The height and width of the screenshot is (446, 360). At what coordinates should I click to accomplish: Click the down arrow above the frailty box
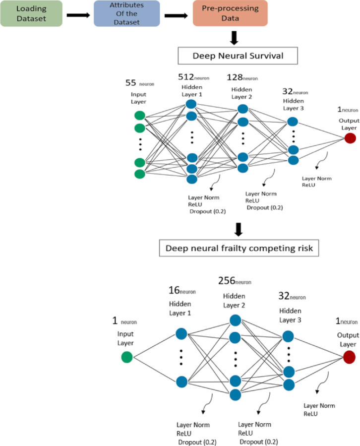point(239,229)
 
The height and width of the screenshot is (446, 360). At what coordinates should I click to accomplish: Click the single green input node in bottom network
point(126,357)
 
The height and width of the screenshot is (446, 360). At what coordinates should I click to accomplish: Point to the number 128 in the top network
point(236,78)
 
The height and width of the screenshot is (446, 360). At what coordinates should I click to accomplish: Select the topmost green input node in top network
point(140,116)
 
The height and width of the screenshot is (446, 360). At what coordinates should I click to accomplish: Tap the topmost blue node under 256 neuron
point(236,320)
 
